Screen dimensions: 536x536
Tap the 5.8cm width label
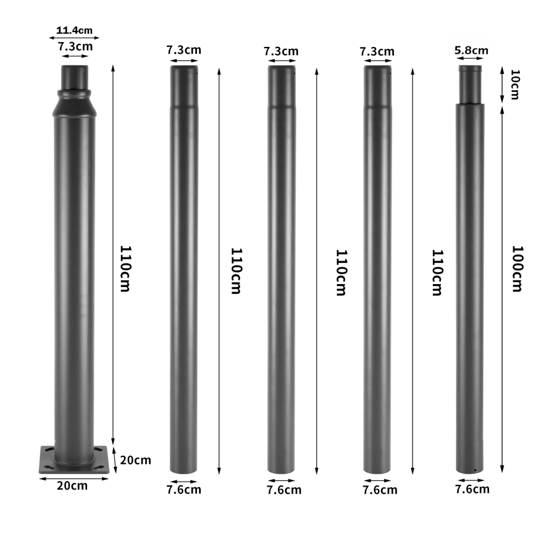point(471,50)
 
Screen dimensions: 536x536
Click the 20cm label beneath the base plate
point(72,485)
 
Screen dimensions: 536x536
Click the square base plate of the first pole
point(77,461)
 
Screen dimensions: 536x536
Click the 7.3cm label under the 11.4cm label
point(75,46)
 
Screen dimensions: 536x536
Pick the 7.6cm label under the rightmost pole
point(472,490)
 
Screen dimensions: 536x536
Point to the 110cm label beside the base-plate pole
point(125,269)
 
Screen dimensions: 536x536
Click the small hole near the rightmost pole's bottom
point(474,471)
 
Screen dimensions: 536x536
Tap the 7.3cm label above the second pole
point(183,51)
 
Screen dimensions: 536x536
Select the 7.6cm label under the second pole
point(183,490)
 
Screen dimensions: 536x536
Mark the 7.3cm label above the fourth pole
point(377,51)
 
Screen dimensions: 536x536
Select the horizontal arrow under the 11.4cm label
point(75,37)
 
